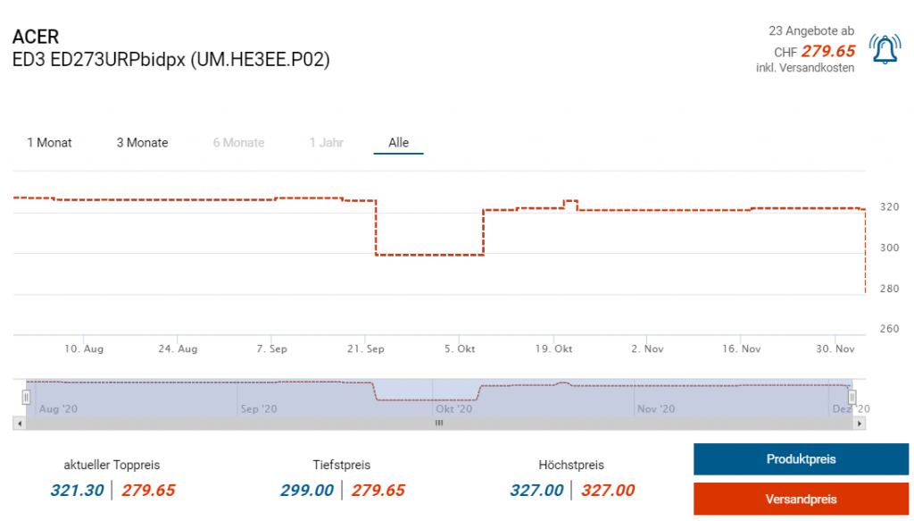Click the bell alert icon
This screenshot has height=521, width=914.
[x=884, y=50]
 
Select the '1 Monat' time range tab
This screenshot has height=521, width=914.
[x=50, y=143]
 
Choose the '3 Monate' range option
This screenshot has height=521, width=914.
[x=142, y=143]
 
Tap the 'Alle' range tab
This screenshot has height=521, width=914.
[x=398, y=143]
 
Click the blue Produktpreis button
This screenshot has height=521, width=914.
[x=801, y=459]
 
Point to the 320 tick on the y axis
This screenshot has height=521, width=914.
[x=889, y=207]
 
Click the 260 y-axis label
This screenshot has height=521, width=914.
[x=889, y=329]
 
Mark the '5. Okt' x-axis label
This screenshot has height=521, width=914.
[x=460, y=349]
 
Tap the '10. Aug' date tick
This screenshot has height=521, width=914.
[x=85, y=349]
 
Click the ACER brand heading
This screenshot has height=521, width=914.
[x=36, y=38]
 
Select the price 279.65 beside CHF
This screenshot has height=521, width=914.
[x=827, y=52]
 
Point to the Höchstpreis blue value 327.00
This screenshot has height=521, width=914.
[x=536, y=491]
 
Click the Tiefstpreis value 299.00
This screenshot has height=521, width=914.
[x=307, y=491]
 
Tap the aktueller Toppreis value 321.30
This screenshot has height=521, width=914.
[x=77, y=491]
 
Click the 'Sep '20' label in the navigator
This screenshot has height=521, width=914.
[x=261, y=409]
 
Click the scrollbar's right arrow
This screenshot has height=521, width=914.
[x=860, y=424]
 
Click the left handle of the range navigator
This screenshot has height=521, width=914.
[x=27, y=396]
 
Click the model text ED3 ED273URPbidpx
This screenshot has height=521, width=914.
[x=170, y=61]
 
